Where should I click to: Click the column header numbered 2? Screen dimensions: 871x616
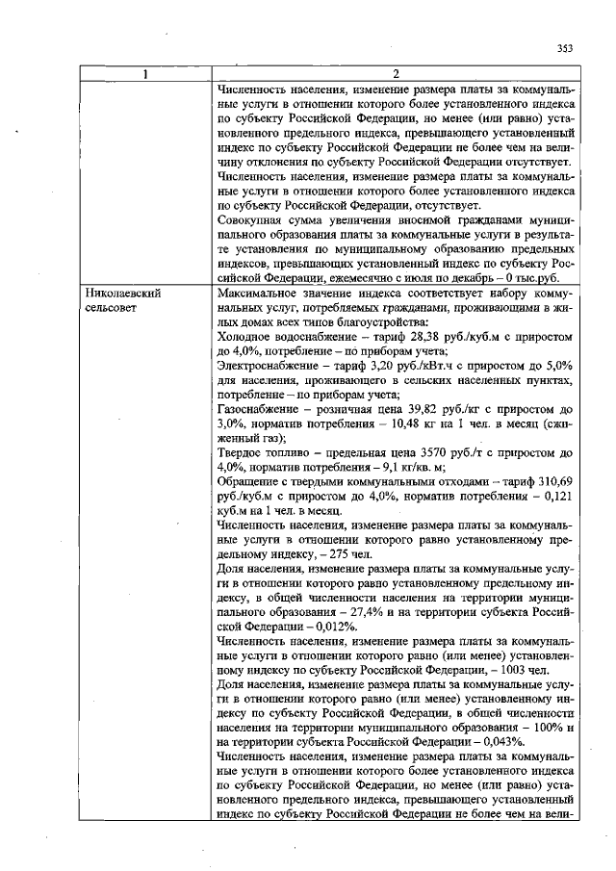(x=396, y=75)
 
